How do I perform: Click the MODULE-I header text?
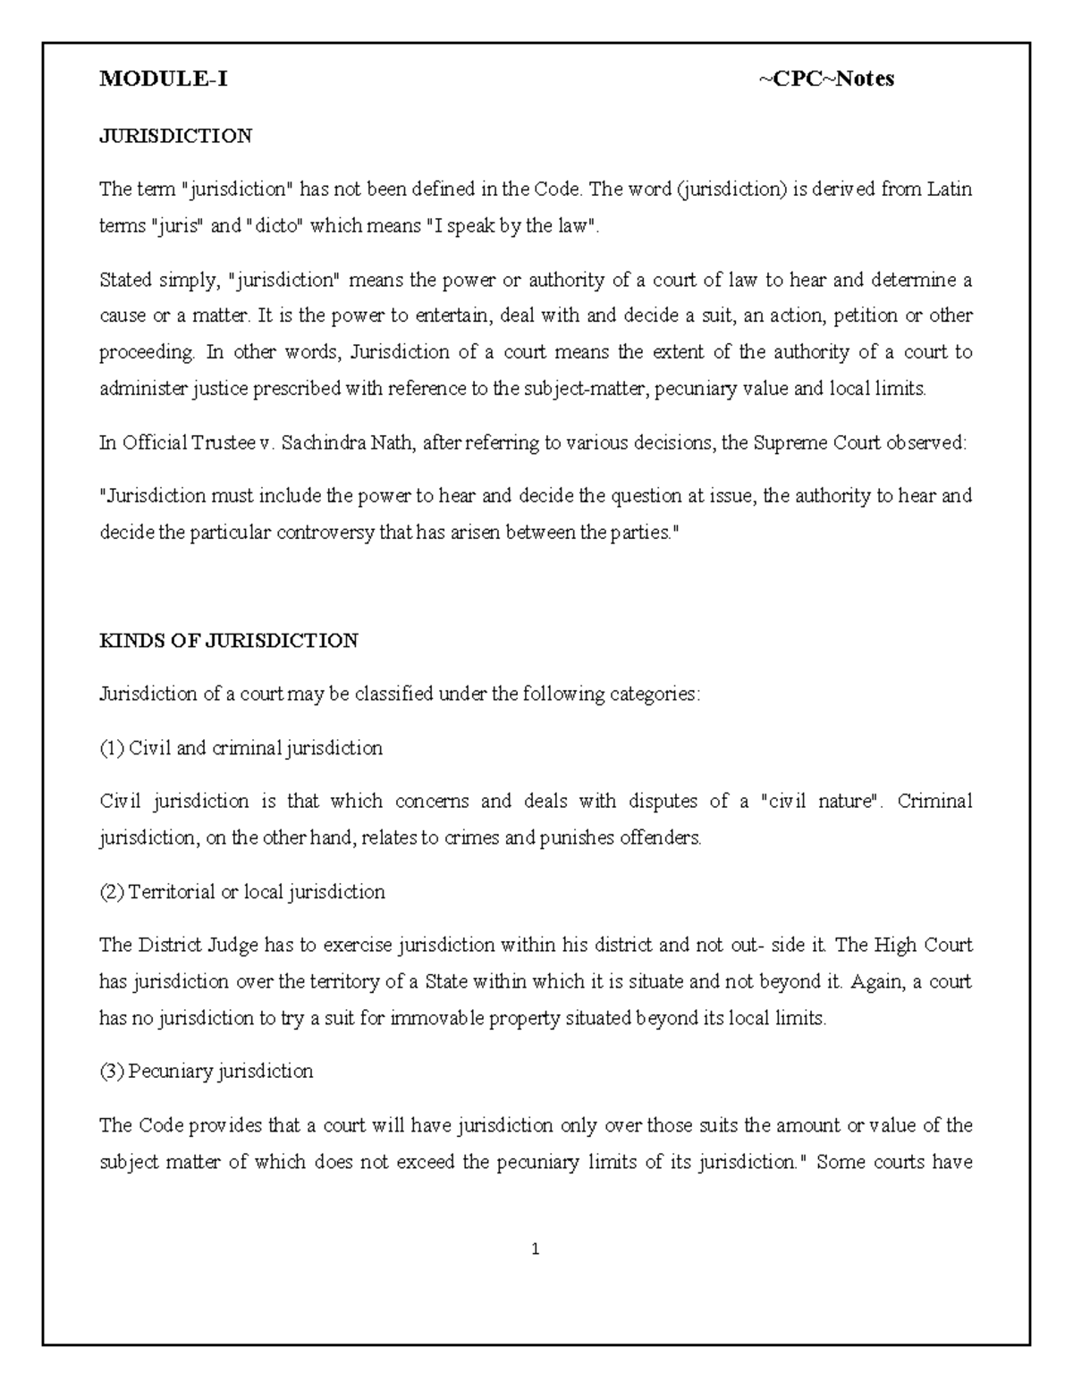(163, 80)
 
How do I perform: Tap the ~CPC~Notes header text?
(826, 80)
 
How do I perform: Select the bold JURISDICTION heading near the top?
(175, 136)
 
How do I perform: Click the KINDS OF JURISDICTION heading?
(228, 641)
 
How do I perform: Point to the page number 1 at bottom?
(535, 1249)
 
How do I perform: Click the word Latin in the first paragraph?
(949, 189)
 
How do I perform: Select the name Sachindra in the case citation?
(318, 442)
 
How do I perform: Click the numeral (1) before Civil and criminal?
(112, 748)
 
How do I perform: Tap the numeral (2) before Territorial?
(112, 892)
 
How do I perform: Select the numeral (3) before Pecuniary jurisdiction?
(112, 1071)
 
